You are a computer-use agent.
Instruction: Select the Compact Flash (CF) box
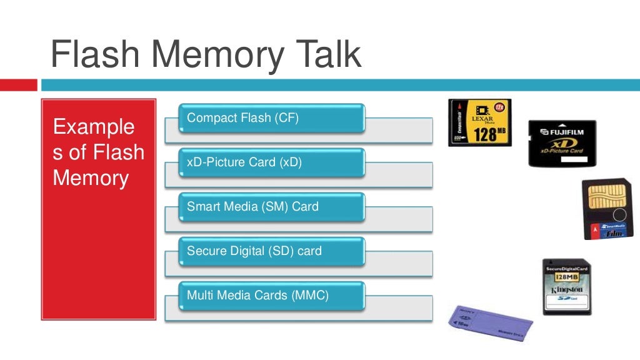click(x=271, y=118)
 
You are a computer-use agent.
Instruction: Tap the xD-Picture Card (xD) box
click(x=271, y=162)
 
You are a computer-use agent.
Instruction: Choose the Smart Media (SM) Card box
click(x=271, y=207)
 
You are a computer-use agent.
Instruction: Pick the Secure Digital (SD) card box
click(x=271, y=251)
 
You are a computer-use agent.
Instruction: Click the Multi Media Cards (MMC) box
click(x=271, y=296)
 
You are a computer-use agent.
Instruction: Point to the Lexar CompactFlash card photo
click(x=480, y=122)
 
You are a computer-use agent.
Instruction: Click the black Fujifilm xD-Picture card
click(x=562, y=143)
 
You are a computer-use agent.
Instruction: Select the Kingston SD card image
click(x=566, y=286)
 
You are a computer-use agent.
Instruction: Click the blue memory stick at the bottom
click(x=491, y=324)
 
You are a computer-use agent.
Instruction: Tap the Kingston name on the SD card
click(x=566, y=289)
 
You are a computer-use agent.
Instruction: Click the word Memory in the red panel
click(x=91, y=178)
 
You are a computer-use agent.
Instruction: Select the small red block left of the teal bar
click(x=19, y=85)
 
